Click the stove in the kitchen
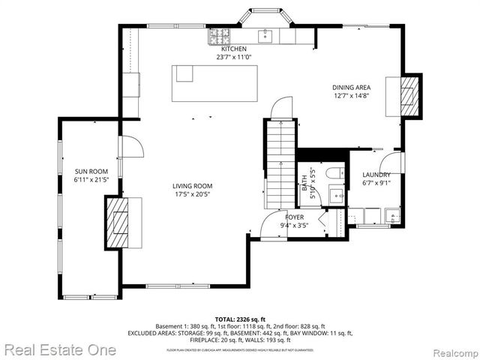tap(219, 34)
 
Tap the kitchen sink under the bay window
tap(265, 34)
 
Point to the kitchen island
tap(214, 82)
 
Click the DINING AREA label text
tap(352, 87)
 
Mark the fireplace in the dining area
tap(409, 95)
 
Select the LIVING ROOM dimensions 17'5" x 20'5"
tap(193, 194)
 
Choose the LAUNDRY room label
tap(376, 175)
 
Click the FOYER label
tap(293, 217)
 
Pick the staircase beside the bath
tap(277, 165)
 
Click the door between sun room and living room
tap(130, 146)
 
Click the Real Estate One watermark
tap(60, 349)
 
